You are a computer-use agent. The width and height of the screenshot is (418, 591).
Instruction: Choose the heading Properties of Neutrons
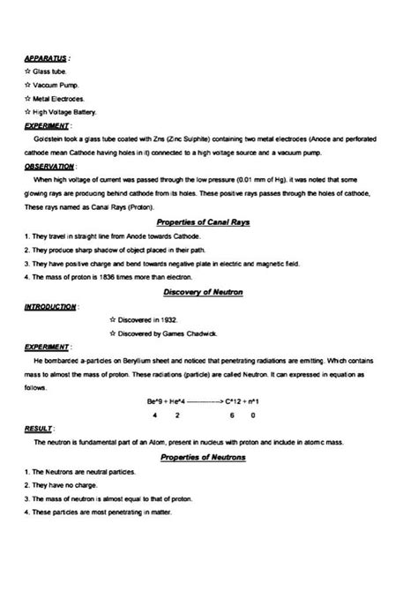[203, 457]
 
